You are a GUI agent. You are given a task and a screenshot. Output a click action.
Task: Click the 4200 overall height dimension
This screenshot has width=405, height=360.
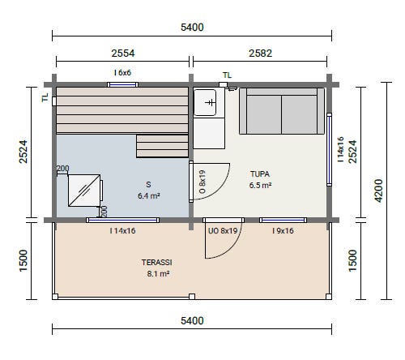(379, 191)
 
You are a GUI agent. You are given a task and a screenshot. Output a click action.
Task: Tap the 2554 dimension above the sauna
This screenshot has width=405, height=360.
(123, 54)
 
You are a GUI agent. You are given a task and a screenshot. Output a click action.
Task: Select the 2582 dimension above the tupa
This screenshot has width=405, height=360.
(260, 54)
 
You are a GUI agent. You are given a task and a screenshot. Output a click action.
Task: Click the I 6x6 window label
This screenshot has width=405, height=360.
(122, 72)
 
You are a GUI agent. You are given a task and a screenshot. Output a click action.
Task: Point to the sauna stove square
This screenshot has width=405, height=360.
(84, 191)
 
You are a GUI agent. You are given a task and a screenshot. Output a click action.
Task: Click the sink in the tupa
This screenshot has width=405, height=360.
(205, 102)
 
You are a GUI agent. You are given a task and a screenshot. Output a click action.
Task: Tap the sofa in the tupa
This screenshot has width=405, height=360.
(282, 111)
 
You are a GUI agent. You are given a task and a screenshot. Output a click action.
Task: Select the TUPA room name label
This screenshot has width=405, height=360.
(260, 174)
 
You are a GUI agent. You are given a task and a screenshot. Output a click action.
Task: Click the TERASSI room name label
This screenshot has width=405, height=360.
(157, 262)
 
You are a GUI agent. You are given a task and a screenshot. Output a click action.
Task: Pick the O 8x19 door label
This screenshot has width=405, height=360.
(202, 182)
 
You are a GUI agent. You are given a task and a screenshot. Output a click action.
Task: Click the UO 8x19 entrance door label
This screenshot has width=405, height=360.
(223, 231)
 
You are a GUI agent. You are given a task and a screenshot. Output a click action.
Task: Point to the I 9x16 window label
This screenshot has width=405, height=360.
(283, 231)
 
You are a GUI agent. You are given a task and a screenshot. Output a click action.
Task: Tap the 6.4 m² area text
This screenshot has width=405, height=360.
(149, 195)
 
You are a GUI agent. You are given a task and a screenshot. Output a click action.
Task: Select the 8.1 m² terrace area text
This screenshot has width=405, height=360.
(158, 273)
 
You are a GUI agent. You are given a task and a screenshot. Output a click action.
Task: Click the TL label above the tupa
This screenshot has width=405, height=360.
(227, 75)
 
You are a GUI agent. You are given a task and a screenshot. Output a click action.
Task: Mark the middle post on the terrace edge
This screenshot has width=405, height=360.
(192, 297)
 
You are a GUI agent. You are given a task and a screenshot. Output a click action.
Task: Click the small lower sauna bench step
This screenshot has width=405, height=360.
(163, 146)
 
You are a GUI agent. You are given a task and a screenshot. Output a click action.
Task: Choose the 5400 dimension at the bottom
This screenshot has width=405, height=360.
(192, 321)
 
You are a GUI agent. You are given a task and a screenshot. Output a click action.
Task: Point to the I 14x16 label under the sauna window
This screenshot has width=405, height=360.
(122, 231)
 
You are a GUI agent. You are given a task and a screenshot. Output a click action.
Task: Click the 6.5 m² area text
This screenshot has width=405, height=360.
(260, 186)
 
